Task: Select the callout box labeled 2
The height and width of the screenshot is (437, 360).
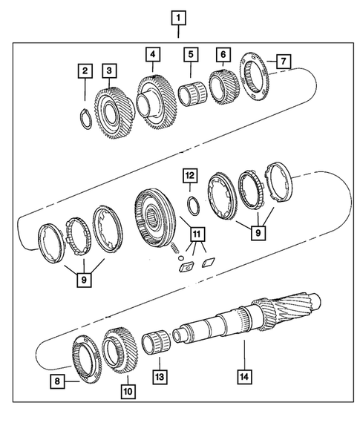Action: [85, 71]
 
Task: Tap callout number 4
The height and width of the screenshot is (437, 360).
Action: [152, 54]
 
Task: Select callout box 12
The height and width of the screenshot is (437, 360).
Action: [190, 175]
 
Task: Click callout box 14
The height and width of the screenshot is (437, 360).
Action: [243, 377]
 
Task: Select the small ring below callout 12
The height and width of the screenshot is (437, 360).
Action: [190, 203]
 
